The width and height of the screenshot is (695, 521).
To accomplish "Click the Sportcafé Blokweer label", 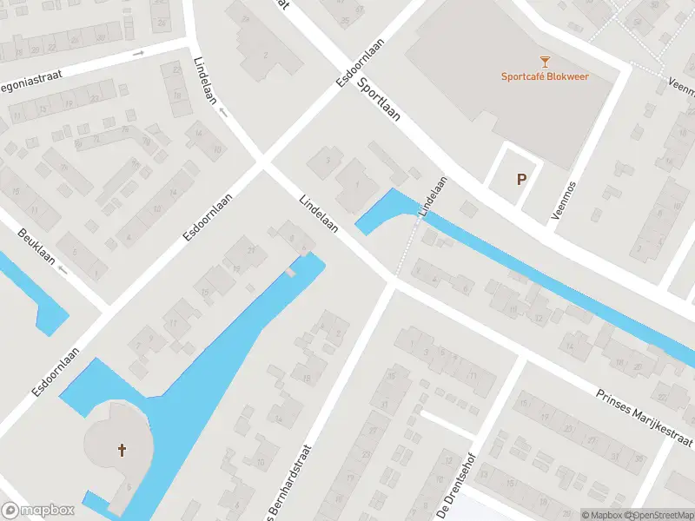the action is tap(545, 76).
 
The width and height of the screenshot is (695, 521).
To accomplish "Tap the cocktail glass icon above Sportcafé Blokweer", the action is tap(545, 61).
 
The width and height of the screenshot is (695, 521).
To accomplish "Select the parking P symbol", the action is tap(521, 180).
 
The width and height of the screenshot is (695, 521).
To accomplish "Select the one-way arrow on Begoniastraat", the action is tap(138, 54).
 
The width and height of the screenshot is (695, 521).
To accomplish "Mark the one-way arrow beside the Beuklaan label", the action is tap(62, 269).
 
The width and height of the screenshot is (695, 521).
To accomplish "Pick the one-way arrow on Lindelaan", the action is tap(223, 111).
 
